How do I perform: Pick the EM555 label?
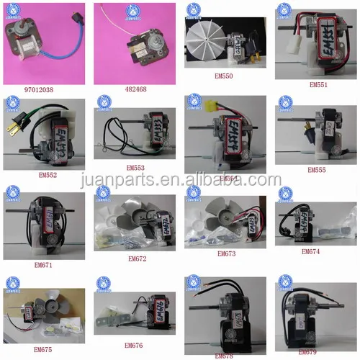click(x=317, y=170)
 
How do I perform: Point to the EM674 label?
click(x=317, y=252)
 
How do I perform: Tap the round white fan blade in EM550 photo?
click(x=204, y=45)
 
